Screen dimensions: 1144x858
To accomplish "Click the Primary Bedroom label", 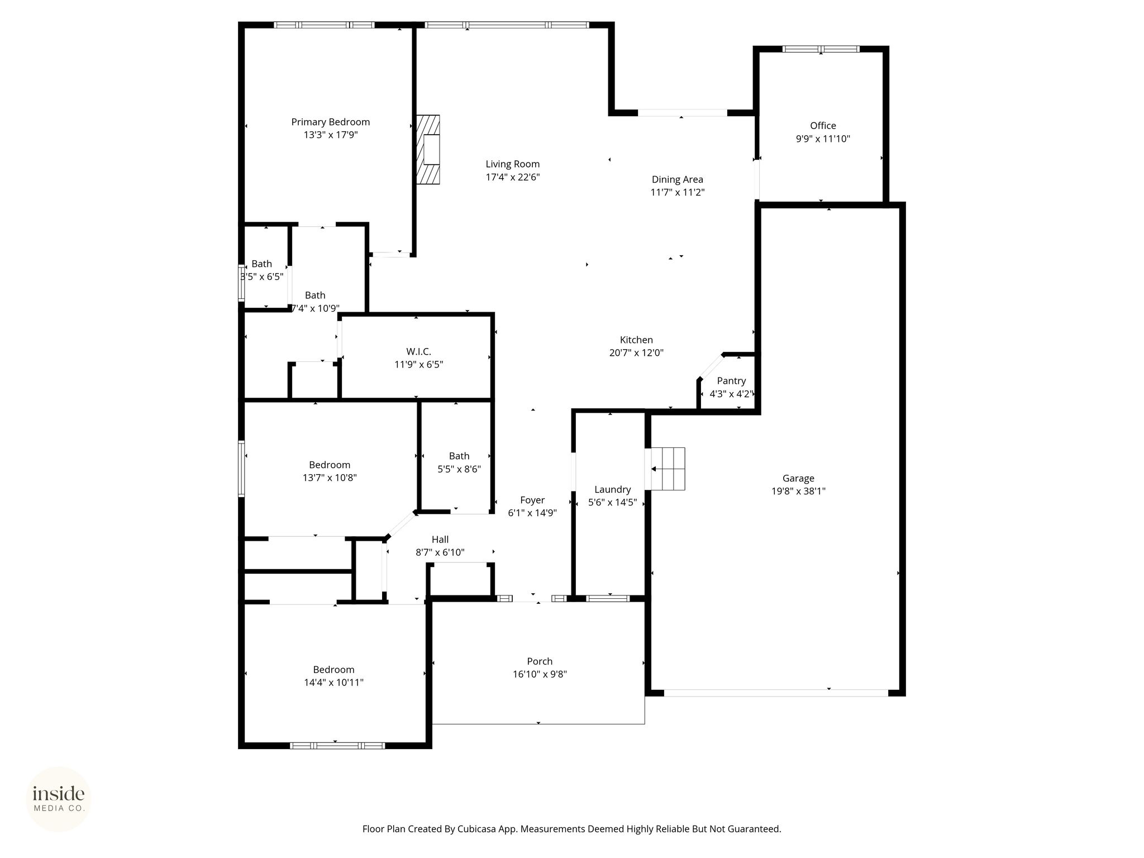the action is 331,122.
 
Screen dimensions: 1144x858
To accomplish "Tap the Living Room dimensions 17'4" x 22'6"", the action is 513,177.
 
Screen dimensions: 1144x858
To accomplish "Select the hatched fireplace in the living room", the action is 428,149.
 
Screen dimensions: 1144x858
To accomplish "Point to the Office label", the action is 823,126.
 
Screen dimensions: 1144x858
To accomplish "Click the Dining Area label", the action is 678,179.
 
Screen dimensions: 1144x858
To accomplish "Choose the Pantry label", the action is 731,380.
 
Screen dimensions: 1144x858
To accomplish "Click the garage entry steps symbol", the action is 668,468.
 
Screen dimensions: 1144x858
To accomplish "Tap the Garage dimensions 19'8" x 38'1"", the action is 798,491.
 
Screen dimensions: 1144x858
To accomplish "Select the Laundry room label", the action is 613,489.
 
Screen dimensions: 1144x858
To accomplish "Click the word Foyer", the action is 532,500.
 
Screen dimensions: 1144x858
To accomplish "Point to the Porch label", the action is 540,661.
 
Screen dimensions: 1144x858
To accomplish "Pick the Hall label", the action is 440,539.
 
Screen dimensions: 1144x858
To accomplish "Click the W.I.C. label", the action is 419,351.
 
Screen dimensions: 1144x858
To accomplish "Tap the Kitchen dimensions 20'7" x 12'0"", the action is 636,352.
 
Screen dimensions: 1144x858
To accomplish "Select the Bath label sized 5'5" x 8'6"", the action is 459,456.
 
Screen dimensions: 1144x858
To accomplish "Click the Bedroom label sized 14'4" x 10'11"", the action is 333,669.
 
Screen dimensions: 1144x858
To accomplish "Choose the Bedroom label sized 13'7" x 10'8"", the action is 330,465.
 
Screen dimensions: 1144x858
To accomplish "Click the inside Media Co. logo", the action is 59,799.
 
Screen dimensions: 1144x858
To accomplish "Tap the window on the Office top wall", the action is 821,49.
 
